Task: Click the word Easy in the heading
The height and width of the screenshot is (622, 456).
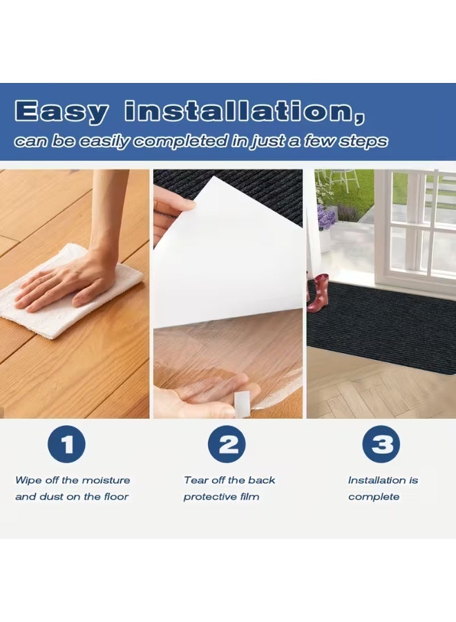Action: coord(61,111)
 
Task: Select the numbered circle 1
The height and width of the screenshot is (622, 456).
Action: coord(66,445)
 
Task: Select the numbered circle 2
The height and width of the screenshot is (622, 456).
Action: coord(227,445)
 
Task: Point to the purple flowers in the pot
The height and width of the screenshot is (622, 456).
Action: coord(325,218)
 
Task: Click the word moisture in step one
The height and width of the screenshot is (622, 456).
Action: coord(106,480)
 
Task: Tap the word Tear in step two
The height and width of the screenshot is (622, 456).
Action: coord(195,480)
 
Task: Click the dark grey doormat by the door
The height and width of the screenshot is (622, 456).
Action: coord(380,325)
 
